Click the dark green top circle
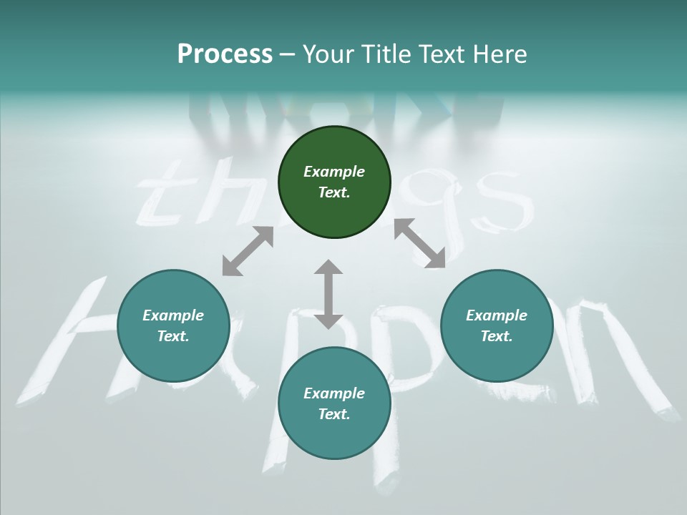click(334, 182)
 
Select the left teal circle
click(173, 325)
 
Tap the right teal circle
click(497, 325)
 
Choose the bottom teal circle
click(334, 403)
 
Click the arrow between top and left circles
click(248, 251)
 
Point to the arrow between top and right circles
click(419, 243)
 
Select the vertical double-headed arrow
click(328, 294)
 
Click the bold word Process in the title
click(225, 54)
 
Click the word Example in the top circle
click(334, 172)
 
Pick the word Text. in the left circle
click(173, 336)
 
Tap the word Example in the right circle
click(497, 315)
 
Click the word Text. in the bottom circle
click(334, 414)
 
